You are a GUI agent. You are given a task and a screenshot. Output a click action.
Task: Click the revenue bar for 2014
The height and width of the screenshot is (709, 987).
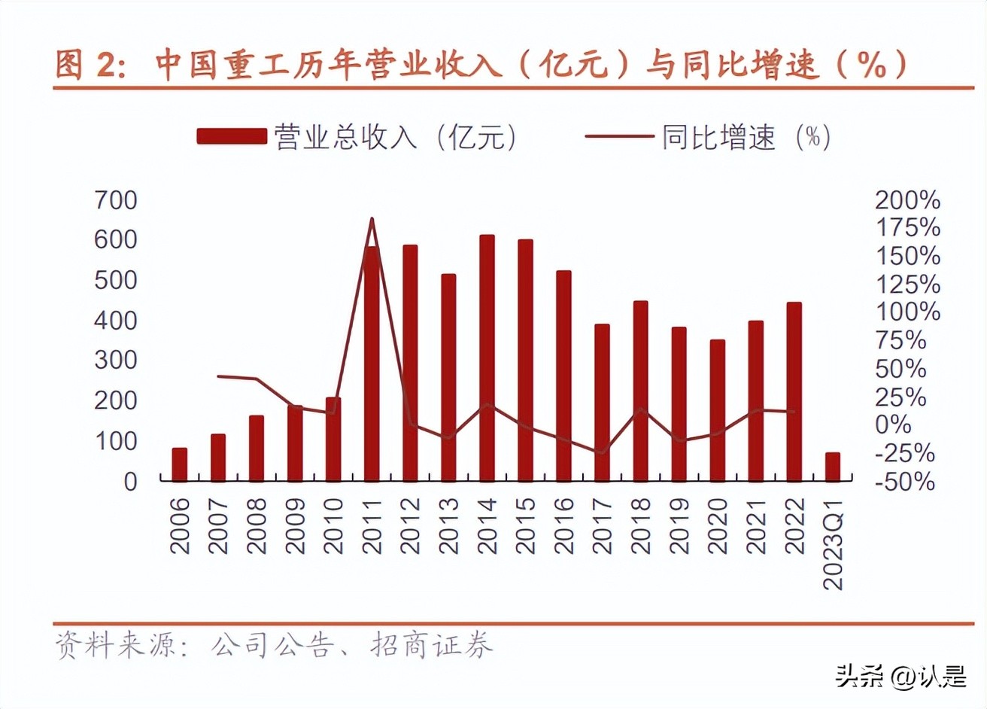click(x=487, y=358)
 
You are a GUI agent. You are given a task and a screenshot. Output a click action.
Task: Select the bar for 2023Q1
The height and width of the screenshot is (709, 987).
click(x=832, y=467)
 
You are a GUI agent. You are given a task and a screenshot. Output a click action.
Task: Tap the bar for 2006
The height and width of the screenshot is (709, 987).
click(x=179, y=464)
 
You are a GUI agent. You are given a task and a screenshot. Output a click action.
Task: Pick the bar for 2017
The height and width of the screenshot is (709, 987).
click(x=602, y=403)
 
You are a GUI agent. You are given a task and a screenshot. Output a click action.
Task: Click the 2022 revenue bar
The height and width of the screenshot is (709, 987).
click(x=794, y=391)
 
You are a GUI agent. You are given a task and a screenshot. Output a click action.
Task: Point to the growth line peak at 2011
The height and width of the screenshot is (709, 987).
click(x=372, y=219)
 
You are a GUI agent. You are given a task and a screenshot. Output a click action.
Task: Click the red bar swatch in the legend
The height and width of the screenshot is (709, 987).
click(x=232, y=136)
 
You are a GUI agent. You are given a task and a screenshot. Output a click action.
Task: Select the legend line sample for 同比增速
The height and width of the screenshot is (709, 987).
click(x=618, y=136)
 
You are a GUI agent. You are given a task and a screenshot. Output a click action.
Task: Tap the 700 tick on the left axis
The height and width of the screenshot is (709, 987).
click(x=116, y=200)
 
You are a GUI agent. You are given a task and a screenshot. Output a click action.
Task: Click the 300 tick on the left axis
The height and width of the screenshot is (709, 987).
click(x=116, y=361)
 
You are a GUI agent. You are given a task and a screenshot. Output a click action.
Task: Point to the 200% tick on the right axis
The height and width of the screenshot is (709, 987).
click(x=907, y=200)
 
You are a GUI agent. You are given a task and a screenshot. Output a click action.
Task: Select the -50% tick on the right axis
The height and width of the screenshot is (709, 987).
click(x=905, y=482)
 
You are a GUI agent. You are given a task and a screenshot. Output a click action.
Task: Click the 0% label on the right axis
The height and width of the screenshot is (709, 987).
click(x=894, y=425)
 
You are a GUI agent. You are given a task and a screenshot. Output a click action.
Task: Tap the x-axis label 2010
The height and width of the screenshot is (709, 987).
click(x=333, y=526)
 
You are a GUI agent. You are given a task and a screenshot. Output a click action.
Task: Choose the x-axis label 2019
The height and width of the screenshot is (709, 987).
click(x=679, y=526)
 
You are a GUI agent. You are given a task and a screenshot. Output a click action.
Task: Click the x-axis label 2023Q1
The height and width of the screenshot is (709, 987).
click(x=833, y=542)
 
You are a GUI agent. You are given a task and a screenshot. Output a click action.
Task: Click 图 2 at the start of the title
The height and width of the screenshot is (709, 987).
click(x=87, y=65)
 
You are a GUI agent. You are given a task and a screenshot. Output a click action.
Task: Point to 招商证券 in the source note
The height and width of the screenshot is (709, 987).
click(x=432, y=646)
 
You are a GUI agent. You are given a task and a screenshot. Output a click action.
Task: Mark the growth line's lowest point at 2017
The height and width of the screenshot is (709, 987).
click(x=601, y=452)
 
